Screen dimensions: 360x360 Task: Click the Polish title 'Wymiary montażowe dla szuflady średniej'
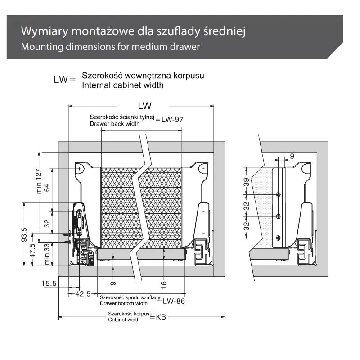133,32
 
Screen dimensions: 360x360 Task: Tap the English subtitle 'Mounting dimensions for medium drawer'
110,47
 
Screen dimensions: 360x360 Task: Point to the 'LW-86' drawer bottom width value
173,301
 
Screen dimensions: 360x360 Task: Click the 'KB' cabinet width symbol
161,317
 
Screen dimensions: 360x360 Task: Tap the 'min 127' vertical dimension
39,180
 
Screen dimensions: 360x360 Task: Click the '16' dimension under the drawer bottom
164,283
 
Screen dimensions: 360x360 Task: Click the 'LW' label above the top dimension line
145,106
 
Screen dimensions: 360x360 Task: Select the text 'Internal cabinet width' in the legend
122,85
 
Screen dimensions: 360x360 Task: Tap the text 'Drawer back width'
114,124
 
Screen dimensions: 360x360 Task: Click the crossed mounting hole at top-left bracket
79,168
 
